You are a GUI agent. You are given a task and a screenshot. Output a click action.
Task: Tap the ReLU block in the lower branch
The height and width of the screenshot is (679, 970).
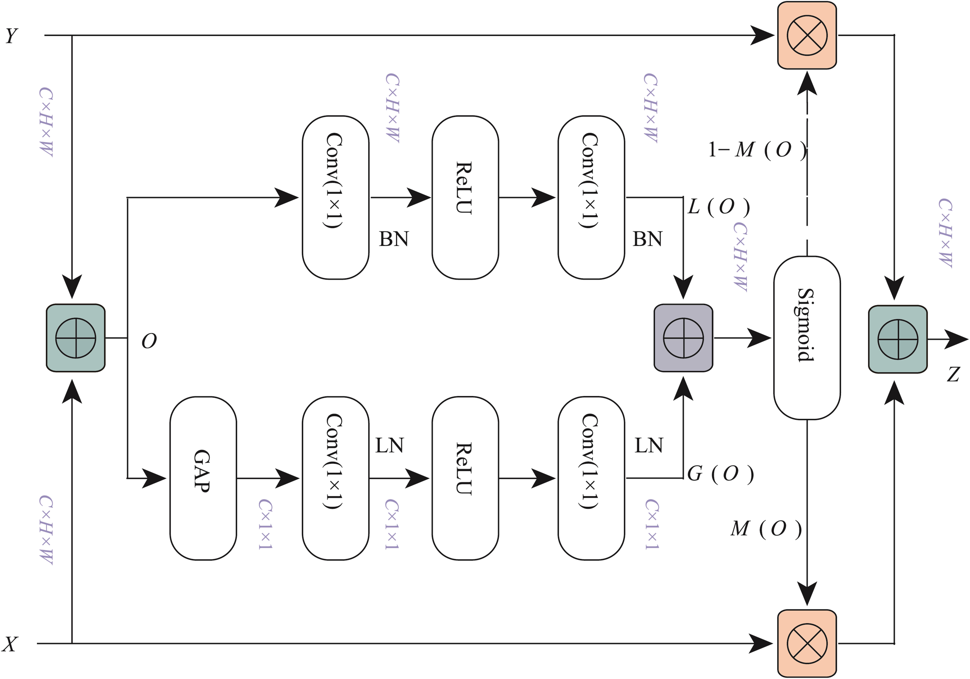point(465,478)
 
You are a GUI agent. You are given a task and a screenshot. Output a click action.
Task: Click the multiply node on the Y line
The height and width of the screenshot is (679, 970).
point(807,35)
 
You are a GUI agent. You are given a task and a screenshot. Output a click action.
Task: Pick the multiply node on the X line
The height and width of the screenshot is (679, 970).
point(807,643)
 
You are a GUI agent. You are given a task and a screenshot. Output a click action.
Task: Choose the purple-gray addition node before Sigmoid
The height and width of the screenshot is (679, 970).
point(683,338)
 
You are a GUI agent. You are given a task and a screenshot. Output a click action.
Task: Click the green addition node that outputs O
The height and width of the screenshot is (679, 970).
point(76,338)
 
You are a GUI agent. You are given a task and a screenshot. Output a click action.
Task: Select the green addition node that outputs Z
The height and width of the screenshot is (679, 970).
point(898,339)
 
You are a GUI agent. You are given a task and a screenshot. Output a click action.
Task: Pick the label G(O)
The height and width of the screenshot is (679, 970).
point(720,474)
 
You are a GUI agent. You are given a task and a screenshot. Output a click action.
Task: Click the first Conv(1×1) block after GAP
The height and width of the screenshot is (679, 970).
point(335,478)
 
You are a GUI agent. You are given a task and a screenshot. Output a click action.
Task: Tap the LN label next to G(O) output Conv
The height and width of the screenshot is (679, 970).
point(649,445)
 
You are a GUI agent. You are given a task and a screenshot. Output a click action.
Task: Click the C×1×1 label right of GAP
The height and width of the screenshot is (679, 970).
point(265,524)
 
